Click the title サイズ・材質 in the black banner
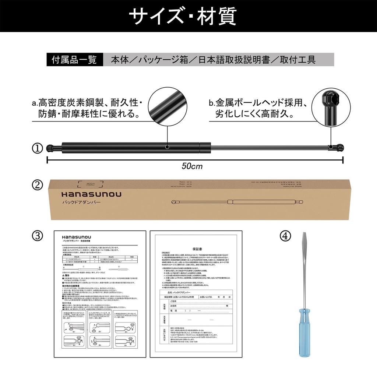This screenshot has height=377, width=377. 188,15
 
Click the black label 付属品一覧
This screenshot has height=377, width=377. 74,60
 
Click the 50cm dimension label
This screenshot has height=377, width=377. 192,166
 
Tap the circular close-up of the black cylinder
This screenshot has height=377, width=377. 168,106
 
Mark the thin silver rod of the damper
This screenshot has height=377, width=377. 265,148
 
